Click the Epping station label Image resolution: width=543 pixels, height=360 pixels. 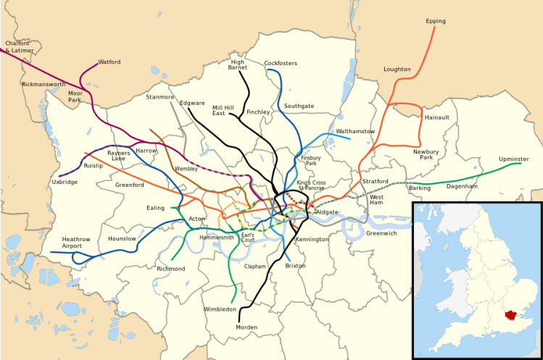coord(436,21)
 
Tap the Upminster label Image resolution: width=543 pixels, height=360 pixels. coord(513,159)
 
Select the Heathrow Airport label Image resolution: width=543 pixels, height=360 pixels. coord(76,243)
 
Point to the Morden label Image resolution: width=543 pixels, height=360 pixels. coord(246,327)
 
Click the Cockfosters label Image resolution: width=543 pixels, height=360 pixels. coord(281,64)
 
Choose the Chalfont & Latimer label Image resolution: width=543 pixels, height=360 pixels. coord(19,47)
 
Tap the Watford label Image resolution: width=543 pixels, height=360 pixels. coord(109,62)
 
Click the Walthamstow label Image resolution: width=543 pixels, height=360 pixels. coord(355,131)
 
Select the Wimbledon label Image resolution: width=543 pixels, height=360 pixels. coord(219,309)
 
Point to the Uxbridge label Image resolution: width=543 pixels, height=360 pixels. coord(65,182)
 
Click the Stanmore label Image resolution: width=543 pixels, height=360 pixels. coord(159,96)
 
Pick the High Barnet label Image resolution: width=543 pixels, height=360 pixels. coord(237,64)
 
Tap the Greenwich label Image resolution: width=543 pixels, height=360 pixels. coord(381,233)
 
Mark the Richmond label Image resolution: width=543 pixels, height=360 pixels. coord(170,269)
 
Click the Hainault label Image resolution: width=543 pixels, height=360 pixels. coord(437,117)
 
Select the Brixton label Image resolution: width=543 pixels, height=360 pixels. coord(295,266)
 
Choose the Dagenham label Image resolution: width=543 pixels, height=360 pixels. coord(462,186)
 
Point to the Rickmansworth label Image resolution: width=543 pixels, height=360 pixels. coord(43,84)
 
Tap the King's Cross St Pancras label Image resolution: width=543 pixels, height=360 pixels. coord(311,185)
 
